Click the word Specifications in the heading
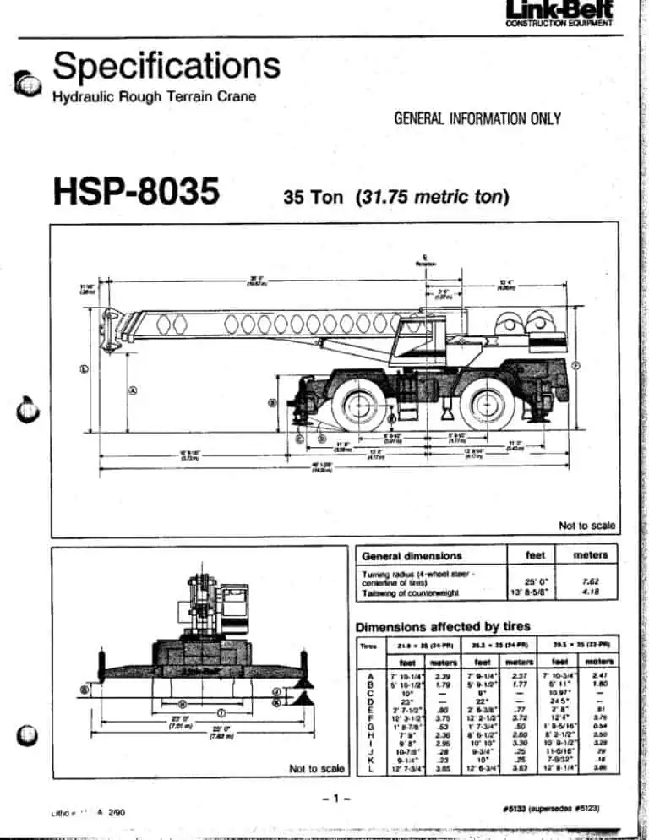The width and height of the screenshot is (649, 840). click(x=166, y=65)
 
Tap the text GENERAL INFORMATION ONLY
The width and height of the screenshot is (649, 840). click(x=483, y=118)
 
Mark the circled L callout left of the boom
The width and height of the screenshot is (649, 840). click(x=85, y=368)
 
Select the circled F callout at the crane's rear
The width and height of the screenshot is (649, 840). click(x=575, y=365)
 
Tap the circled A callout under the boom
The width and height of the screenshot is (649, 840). click(x=133, y=390)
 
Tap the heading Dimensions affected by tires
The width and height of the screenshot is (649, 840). click(x=443, y=627)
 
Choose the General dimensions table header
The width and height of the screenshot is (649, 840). click(x=412, y=555)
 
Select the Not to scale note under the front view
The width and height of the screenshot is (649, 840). click(x=316, y=768)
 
